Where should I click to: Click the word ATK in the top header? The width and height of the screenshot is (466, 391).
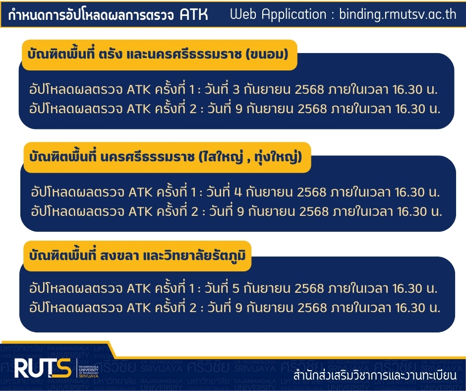[x=194, y=15]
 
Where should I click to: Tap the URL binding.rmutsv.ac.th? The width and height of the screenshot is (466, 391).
[x=398, y=14]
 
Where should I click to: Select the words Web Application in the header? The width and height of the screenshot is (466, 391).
[x=278, y=14]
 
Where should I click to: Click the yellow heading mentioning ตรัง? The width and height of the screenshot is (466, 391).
[x=160, y=55]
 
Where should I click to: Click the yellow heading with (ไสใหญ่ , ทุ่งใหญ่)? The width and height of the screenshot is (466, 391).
[x=168, y=157]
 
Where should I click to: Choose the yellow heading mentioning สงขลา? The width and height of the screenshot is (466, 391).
[x=137, y=256]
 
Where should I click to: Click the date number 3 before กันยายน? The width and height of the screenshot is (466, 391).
[x=236, y=90]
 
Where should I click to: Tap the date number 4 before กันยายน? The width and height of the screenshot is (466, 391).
[x=238, y=192]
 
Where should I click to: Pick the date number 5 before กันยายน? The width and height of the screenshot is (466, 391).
[x=236, y=288]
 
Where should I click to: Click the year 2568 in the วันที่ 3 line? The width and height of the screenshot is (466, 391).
[x=309, y=90]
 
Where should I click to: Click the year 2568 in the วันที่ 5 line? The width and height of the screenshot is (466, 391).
[x=309, y=288]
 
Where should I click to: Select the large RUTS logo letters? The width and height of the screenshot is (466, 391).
[x=43, y=368]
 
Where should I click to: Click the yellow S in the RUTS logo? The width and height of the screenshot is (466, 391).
[x=62, y=368]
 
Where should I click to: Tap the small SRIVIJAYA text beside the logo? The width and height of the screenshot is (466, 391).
[x=89, y=376]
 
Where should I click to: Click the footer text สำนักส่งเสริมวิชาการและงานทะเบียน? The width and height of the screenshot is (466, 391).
[x=375, y=376]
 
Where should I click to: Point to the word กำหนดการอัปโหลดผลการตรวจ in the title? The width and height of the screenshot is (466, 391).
[x=91, y=15]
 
